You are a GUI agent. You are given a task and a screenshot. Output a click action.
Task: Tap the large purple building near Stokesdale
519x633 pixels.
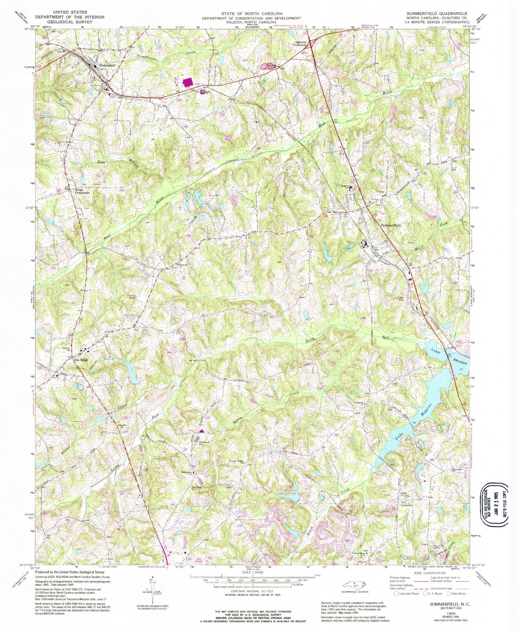188,82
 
